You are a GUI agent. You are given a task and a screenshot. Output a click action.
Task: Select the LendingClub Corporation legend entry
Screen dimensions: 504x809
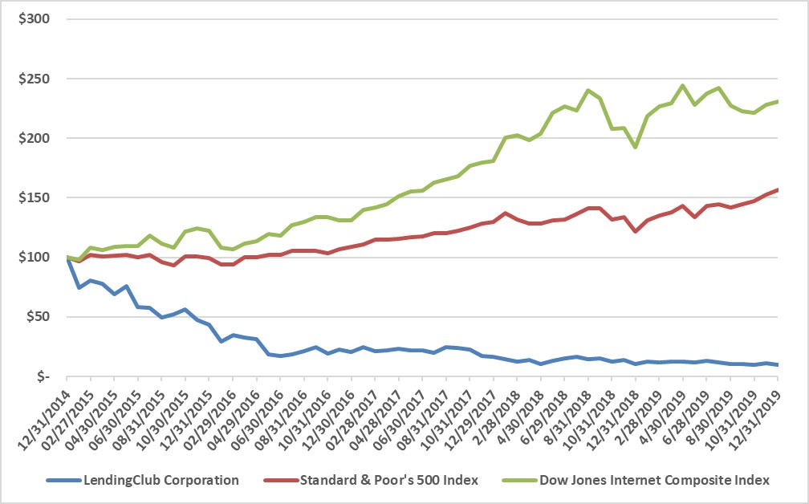pos(161,480)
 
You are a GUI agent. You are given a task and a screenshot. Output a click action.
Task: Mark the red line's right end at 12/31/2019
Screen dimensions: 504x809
pos(777,190)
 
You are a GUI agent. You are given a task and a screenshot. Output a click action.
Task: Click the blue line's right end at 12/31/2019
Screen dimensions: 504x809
pos(777,365)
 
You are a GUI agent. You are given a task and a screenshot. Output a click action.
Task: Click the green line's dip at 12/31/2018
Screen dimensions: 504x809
pos(635,147)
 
